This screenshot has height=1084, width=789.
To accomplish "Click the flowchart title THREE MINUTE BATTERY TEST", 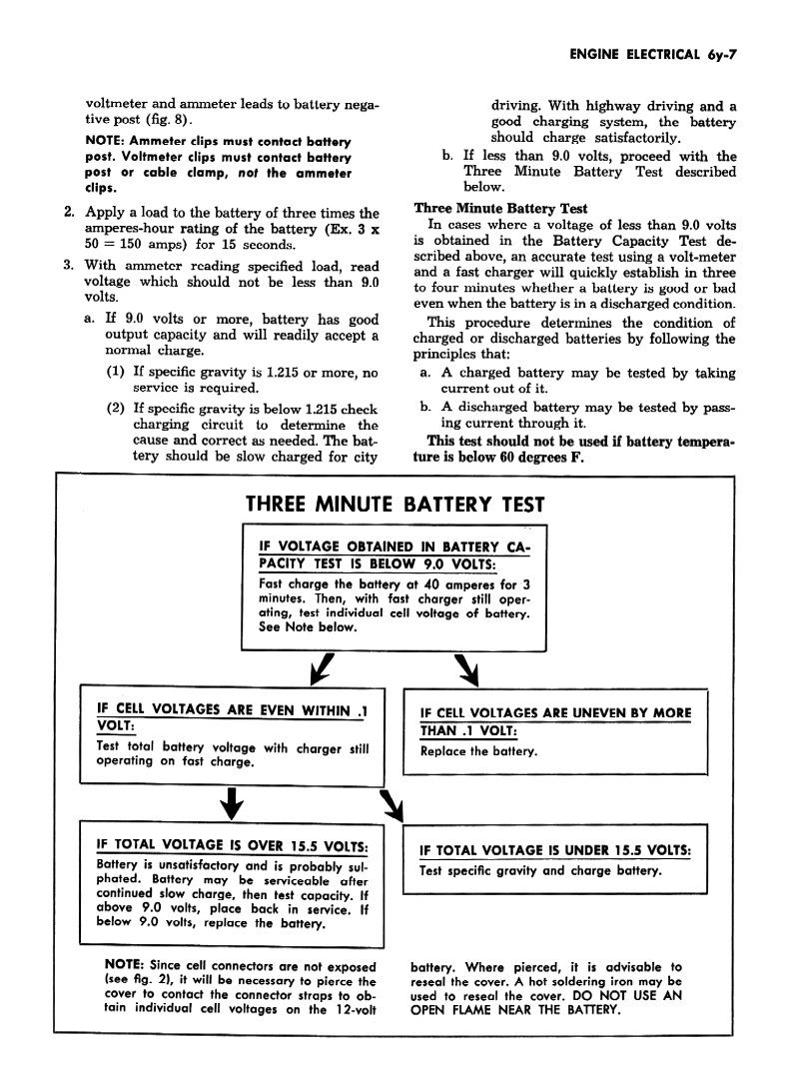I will (394, 506).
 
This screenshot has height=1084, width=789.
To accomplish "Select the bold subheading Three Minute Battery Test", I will (500, 209).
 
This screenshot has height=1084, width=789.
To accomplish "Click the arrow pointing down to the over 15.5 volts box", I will (232, 800).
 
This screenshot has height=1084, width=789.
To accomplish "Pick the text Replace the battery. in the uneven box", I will (478, 751).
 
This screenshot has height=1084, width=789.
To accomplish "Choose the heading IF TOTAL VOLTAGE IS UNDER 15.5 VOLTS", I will (556, 850).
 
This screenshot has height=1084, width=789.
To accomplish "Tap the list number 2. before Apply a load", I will (69, 213).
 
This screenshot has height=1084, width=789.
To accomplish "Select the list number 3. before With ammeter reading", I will (69, 266).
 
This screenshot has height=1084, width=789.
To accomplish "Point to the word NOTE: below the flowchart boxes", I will (125, 966).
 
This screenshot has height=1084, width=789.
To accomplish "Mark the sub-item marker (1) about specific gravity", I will (115, 373).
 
